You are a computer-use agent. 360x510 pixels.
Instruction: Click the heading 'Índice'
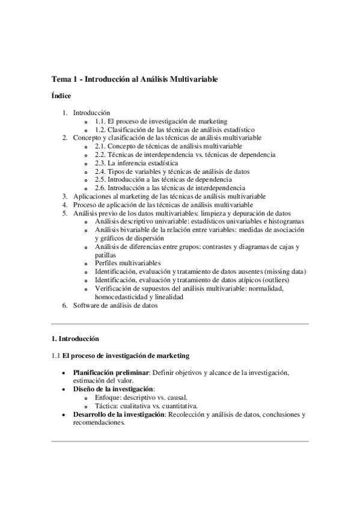[61, 96]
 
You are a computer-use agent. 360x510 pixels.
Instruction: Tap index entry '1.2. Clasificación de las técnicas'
[174, 129]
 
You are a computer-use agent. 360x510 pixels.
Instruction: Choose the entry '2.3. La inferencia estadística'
[136, 163]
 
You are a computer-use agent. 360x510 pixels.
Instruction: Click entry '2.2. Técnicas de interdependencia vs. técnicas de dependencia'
[185, 155]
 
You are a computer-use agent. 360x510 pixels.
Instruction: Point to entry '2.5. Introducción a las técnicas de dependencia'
[163, 180]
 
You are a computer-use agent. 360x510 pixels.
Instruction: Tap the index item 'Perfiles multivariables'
[127, 263]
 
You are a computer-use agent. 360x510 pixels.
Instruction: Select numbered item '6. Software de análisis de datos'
[115, 306]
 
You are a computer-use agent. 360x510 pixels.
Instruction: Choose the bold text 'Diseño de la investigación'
[113, 389]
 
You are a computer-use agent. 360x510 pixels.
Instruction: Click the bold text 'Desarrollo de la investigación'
[118, 414]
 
